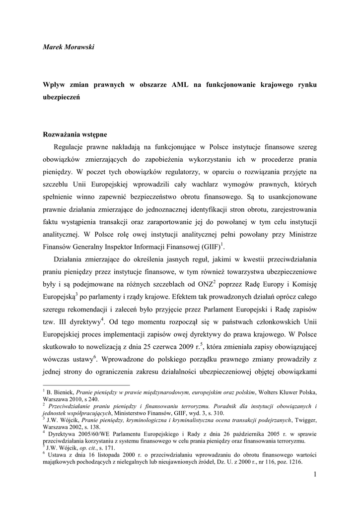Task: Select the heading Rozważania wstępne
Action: tap(74, 134)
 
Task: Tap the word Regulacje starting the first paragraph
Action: tap(72, 147)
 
